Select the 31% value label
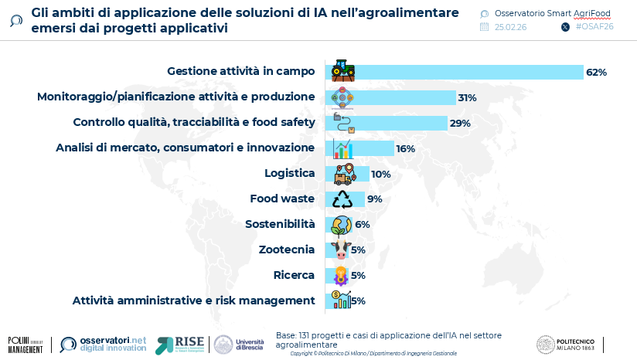point(467,98)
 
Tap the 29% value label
point(460,124)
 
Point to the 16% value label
point(405,149)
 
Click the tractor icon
point(342,71)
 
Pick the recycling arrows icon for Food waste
point(342,199)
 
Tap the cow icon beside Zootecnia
point(340,250)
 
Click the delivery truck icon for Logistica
point(342,174)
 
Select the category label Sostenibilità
point(280,224)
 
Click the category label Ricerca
point(294,275)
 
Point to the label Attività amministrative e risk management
point(193,301)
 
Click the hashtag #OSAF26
point(594,26)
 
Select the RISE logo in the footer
point(179,345)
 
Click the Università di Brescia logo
point(239,345)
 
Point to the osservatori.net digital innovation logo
point(103,345)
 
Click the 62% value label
point(596,73)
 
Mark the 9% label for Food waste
point(375,199)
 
